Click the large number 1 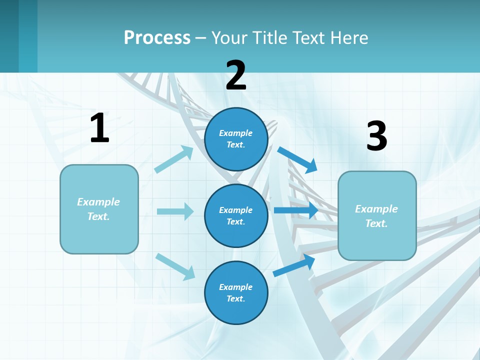click(99, 128)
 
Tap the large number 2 click(236, 75)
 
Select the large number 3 click(376, 136)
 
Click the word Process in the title click(157, 37)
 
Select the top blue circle click(236, 139)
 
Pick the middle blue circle click(236, 215)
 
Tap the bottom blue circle click(236, 292)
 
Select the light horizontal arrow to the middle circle click(175, 211)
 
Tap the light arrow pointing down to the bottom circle click(175, 266)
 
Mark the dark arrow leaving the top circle click(297, 159)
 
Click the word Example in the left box click(98, 202)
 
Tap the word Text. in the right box click(376, 223)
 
